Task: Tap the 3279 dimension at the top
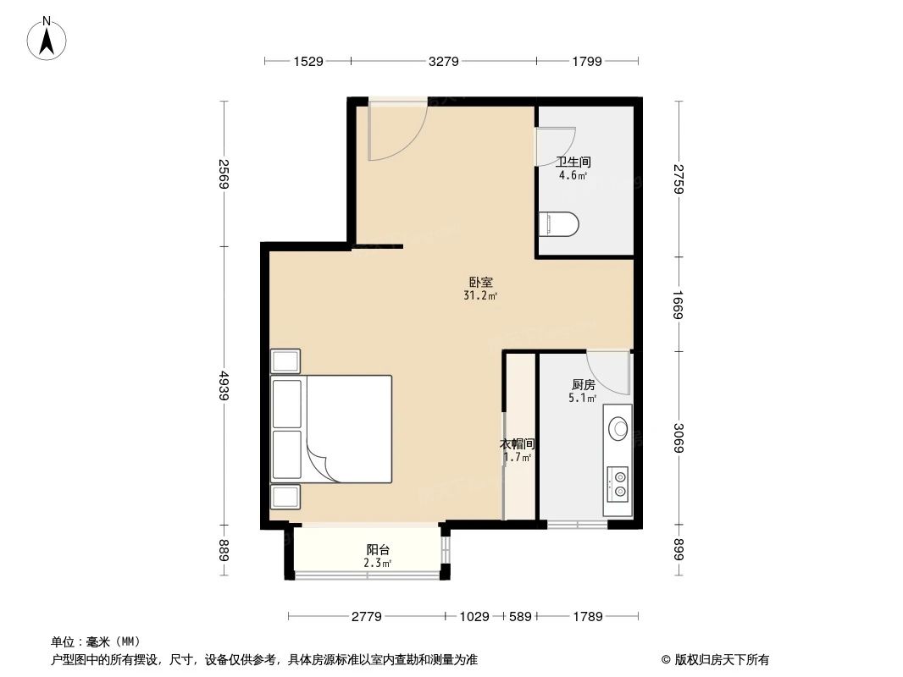(443, 61)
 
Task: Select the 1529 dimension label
(307, 61)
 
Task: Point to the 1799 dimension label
(586, 61)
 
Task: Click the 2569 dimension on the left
(224, 173)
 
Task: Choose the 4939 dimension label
(224, 386)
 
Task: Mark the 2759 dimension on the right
(679, 179)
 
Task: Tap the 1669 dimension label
(679, 304)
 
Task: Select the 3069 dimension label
(679, 437)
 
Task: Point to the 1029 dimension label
(474, 617)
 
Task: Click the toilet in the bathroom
(559, 224)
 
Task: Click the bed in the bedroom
(332, 429)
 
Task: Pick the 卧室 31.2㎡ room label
(480, 289)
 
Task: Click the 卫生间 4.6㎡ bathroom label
(573, 168)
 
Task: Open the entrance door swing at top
(396, 131)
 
